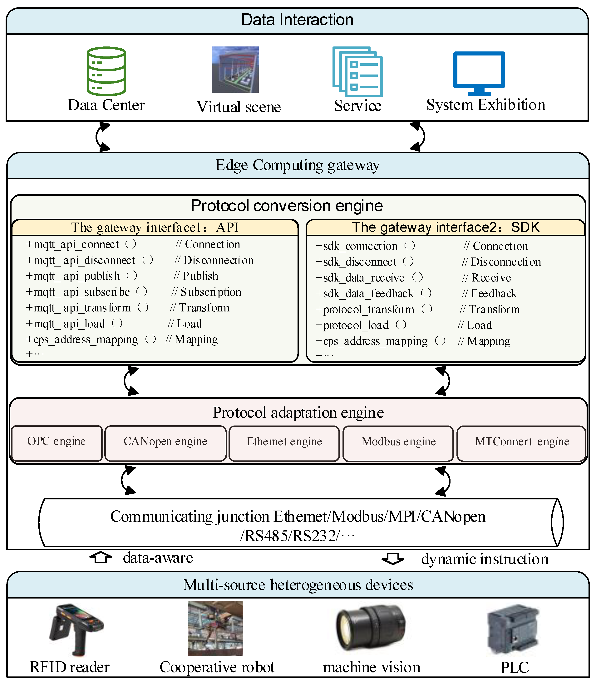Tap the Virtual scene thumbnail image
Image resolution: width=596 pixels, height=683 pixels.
point(235,70)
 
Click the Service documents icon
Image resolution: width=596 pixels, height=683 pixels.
point(357,71)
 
